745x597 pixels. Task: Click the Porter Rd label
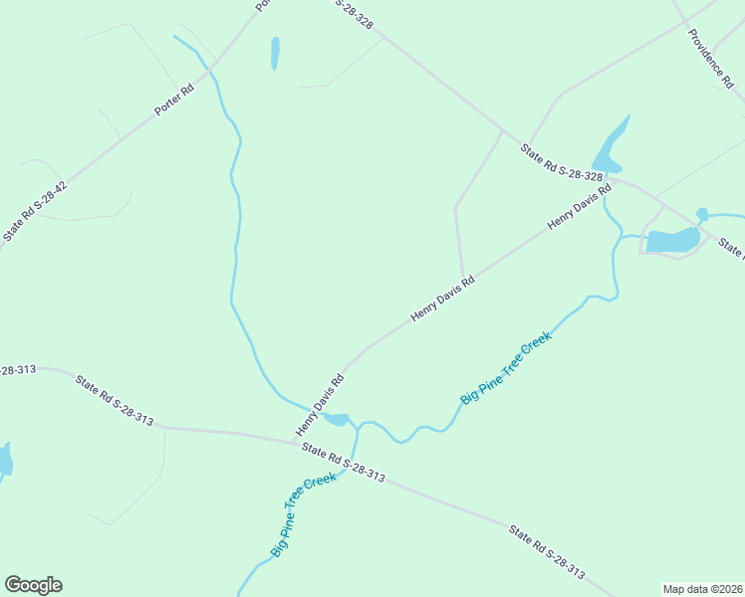tap(173, 99)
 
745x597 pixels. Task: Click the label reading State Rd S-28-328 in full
tap(562, 162)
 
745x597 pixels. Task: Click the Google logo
tap(33, 585)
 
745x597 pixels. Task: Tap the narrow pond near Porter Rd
tap(275, 53)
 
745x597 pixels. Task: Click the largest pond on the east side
tap(672, 240)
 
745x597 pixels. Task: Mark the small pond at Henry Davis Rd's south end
tap(337, 419)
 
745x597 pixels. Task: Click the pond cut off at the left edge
tap(4, 460)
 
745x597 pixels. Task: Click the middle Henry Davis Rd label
tap(442, 299)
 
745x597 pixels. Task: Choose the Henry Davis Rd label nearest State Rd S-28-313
tap(320, 405)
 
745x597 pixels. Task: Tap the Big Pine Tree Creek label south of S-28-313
tap(303, 515)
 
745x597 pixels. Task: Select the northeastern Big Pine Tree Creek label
tap(505, 368)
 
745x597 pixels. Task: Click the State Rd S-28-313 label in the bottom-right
tap(546, 552)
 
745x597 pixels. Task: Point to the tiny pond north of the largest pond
tap(701, 213)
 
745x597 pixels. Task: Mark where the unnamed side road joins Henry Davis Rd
tap(463, 279)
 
